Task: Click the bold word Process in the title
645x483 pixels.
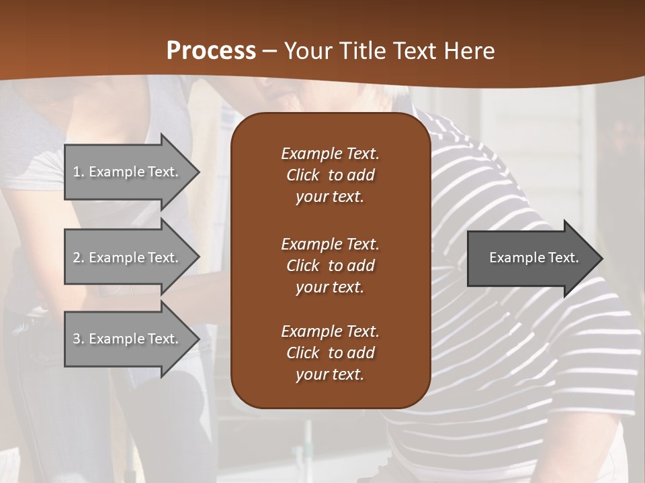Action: (211, 51)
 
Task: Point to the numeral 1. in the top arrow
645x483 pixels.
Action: (79, 172)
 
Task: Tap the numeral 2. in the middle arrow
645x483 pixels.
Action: (79, 258)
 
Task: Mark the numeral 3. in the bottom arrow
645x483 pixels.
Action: (79, 339)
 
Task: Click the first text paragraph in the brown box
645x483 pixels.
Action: (330, 175)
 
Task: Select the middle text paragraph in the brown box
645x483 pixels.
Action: (330, 265)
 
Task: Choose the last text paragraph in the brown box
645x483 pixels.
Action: (330, 353)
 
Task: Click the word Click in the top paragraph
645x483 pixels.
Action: (302, 175)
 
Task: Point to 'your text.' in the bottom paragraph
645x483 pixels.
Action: (330, 374)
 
